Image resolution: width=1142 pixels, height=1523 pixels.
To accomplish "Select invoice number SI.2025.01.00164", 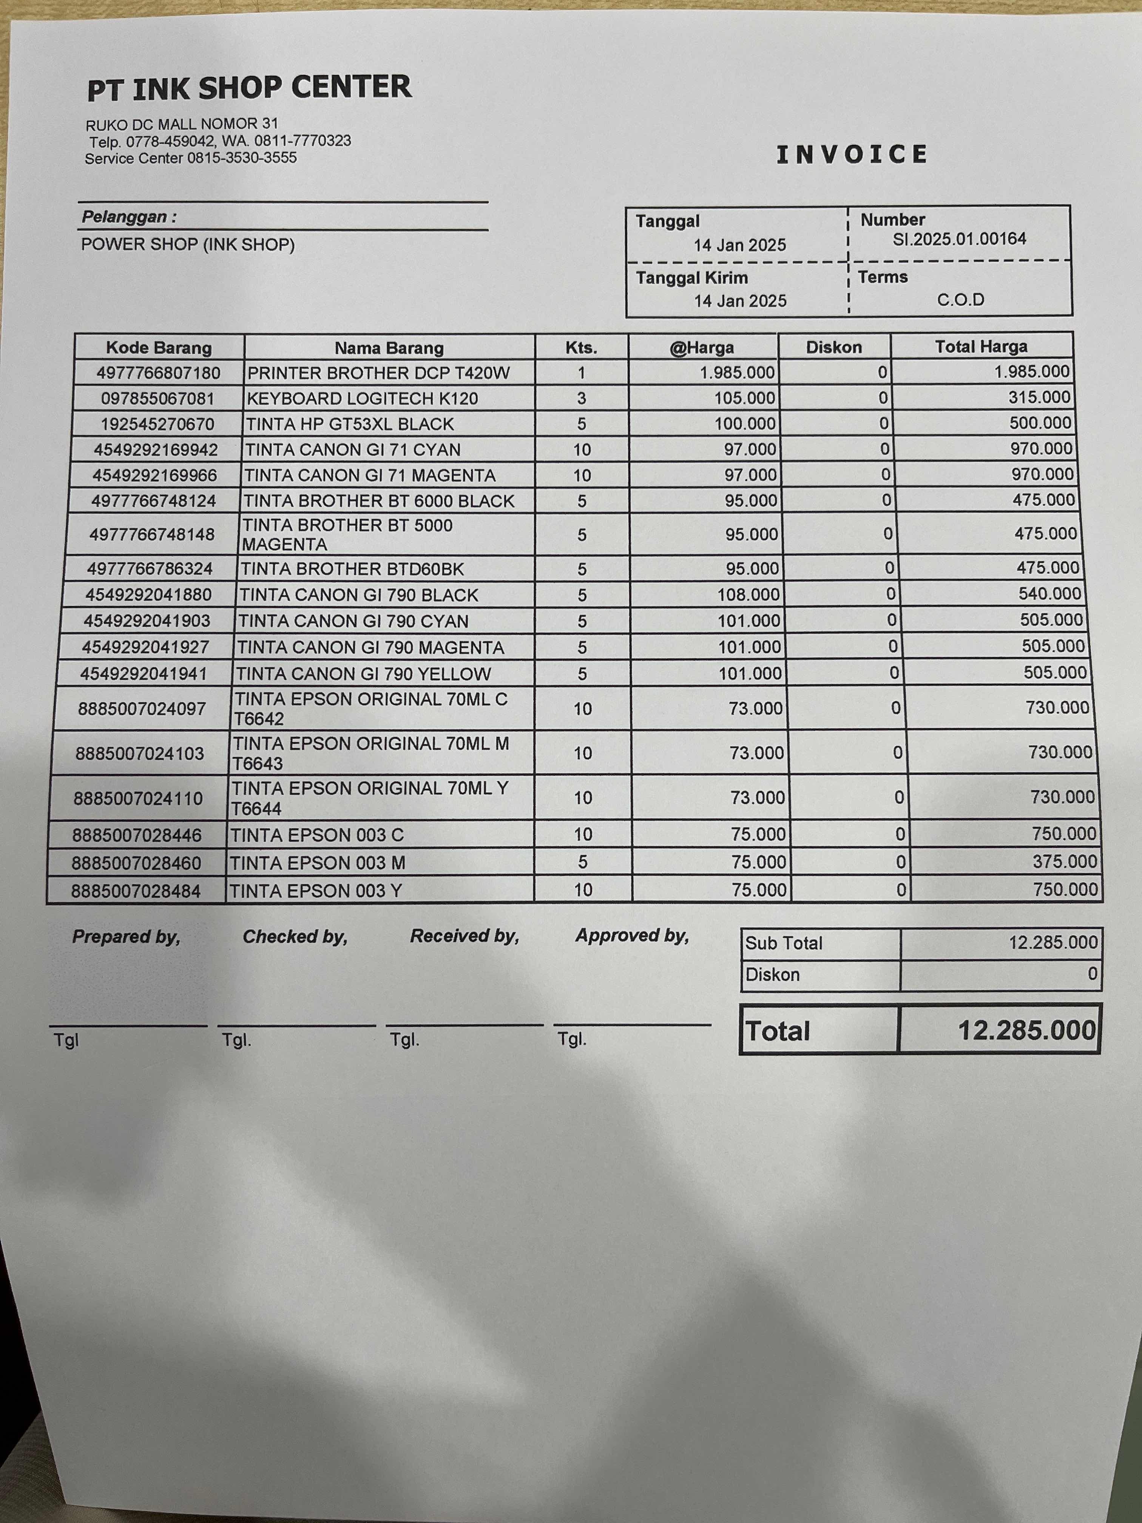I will [959, 239].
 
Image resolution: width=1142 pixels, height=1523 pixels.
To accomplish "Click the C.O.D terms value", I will [960, 300].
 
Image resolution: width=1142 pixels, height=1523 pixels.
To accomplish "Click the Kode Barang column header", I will [159, 348].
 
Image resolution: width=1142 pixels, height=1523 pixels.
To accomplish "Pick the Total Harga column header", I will [980, 346].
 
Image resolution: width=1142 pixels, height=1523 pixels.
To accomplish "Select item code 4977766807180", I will [158, 373].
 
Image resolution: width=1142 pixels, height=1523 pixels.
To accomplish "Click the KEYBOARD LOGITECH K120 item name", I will [362, 399].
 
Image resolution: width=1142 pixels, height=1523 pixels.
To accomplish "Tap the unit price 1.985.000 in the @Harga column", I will [736, 372].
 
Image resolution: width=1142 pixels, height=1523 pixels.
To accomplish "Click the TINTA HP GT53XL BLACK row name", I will [350, 424].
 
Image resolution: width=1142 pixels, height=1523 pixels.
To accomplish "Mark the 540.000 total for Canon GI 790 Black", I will [1049, 593].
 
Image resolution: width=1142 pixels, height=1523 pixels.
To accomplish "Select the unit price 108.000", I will [748, 594].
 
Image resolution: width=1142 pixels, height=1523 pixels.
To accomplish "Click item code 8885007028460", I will [136, 863].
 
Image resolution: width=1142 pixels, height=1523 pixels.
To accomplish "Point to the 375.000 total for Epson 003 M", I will [1064, 861].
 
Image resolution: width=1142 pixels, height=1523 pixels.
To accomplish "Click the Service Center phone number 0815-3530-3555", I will [242, 158].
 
